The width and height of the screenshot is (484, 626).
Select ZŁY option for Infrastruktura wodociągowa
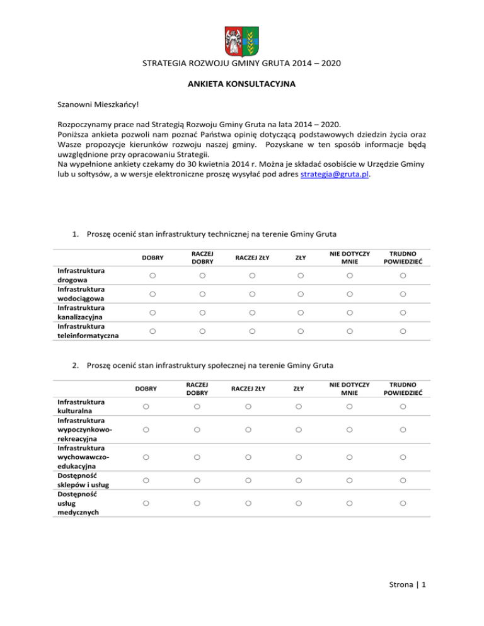[301, 294]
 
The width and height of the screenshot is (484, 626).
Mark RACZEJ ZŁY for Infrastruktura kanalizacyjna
[251, 312]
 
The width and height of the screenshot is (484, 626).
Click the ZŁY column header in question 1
[301, 257]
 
